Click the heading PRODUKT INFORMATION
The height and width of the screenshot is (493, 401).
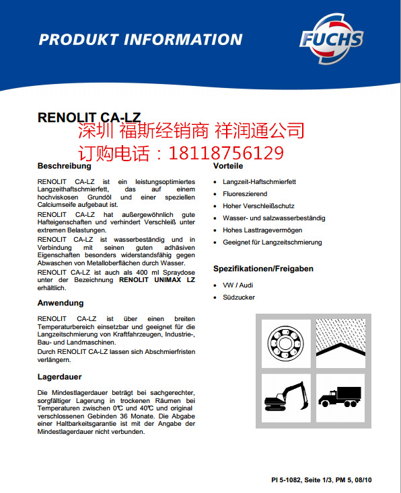[140, 38]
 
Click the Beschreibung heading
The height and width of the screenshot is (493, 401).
[64, 166]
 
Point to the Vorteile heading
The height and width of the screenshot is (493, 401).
[228, 166]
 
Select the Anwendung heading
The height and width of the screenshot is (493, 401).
[61, 303]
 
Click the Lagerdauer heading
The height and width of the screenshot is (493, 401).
[59, 377]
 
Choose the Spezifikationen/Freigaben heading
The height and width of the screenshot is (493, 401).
[263, 269]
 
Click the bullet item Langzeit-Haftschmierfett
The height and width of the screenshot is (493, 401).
[260, 182]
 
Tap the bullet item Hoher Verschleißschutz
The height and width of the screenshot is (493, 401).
[258, 206]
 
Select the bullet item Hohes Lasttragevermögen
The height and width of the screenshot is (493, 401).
[262, 230]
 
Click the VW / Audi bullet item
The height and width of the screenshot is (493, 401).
[238, 285]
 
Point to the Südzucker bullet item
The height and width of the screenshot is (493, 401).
[239, 298]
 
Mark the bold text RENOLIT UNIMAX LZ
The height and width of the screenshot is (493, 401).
[157, 279]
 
